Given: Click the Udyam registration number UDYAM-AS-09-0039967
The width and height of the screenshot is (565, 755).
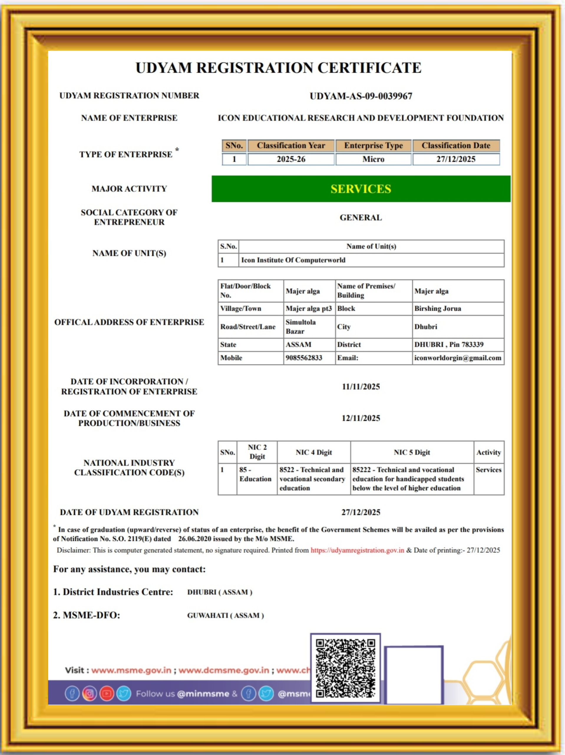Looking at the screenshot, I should pyautogui.click(x=361, y=96).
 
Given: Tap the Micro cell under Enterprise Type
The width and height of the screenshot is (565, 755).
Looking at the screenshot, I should pyautogui.click(x=373, y=159).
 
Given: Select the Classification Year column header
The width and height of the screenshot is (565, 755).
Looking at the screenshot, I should pyautogui.click(x=291, y=146).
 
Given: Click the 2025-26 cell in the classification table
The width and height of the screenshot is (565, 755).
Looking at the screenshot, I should pyautogui.click(x=291, y=159).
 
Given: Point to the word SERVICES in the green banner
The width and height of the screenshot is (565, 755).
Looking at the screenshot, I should pyautogui.click(x=361, y=189).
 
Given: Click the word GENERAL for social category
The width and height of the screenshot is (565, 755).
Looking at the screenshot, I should pyautogui.click(x=361, y=218).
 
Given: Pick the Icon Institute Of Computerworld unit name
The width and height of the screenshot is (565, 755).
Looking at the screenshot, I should pyautogui.click(x=293, y=260).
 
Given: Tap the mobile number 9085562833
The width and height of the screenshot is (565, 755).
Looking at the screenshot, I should pyautogui.click(x=304, y=358).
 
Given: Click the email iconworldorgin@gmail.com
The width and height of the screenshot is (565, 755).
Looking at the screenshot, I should pyautogui.click(x=457, y=358).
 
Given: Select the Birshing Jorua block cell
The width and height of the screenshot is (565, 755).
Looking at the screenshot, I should pyautogui.click(x=437, y=308).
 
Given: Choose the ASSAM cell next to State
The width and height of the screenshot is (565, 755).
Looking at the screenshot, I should pyautogui.click(x=298, y=345).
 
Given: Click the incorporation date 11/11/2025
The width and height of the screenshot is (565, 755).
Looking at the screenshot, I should pyautogui.click(x=361, y=387).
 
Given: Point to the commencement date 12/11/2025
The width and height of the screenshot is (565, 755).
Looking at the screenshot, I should pyautogui.click(x=361, y=418).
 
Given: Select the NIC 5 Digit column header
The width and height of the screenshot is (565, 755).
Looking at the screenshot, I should pyautogui.click(x=412, y=453).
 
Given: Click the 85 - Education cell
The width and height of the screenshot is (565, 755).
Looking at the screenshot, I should pyautogui.click(x=255, y=475).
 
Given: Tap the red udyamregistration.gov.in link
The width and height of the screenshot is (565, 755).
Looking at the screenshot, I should pyautogui.click(x=357, y=551).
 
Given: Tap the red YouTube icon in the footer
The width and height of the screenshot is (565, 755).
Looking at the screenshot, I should pyautogui.click(x=107, y=694).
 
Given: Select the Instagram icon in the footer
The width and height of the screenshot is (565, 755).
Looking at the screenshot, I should pyautogui.click(x=89, y=694).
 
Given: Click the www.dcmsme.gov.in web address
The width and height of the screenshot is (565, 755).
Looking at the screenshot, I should pyautogui.click(x=224, y=670).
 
